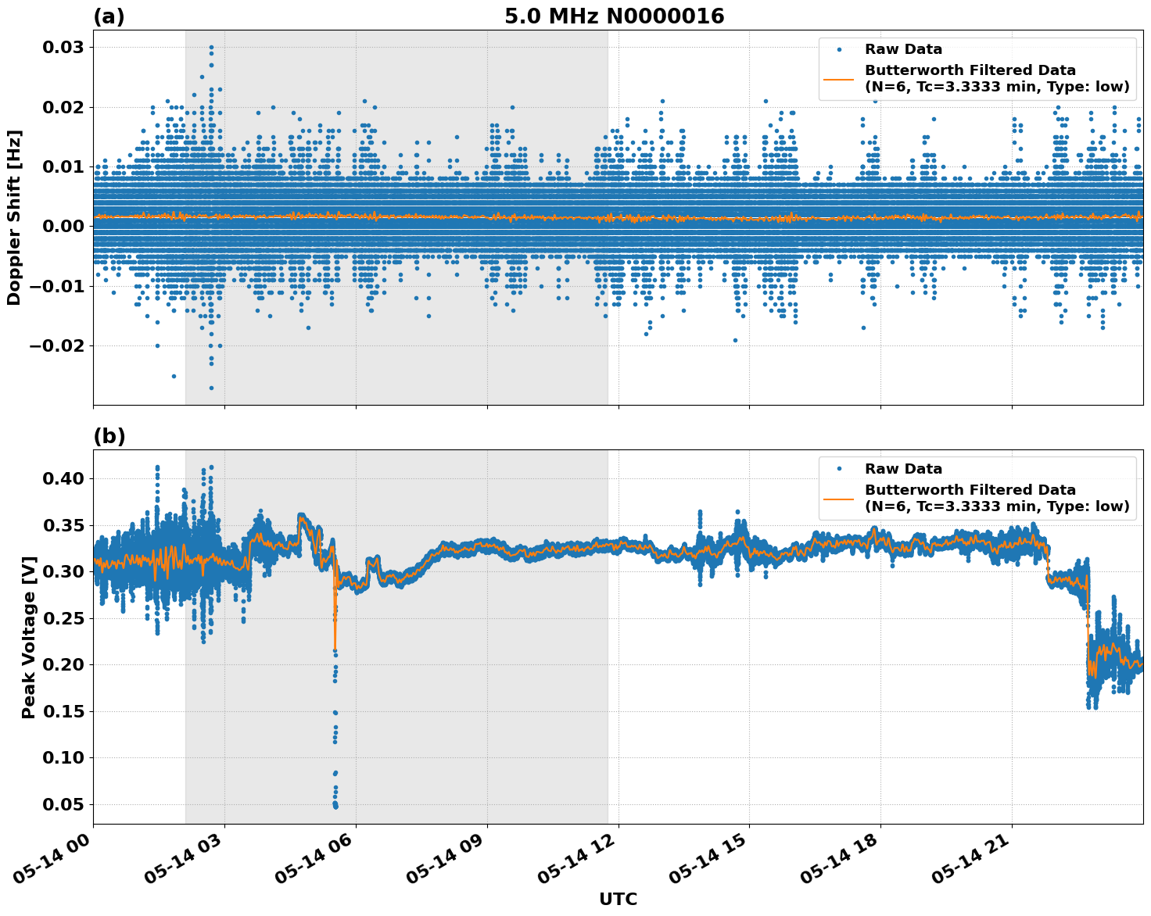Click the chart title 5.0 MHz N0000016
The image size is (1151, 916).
tap(614, 16)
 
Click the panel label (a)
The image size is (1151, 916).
tap(109, 16)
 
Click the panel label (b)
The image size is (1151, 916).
tap(109, 436)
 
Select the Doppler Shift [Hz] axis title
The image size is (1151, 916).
tap(14, 217)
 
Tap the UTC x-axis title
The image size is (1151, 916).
tap(618, 899)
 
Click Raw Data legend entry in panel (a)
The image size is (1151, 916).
tap(903, 49)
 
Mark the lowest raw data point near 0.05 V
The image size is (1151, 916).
tap(335, 806)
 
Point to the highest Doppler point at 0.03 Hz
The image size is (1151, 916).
tap(211, 48)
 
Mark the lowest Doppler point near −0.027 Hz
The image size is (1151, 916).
tap(211, 388)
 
